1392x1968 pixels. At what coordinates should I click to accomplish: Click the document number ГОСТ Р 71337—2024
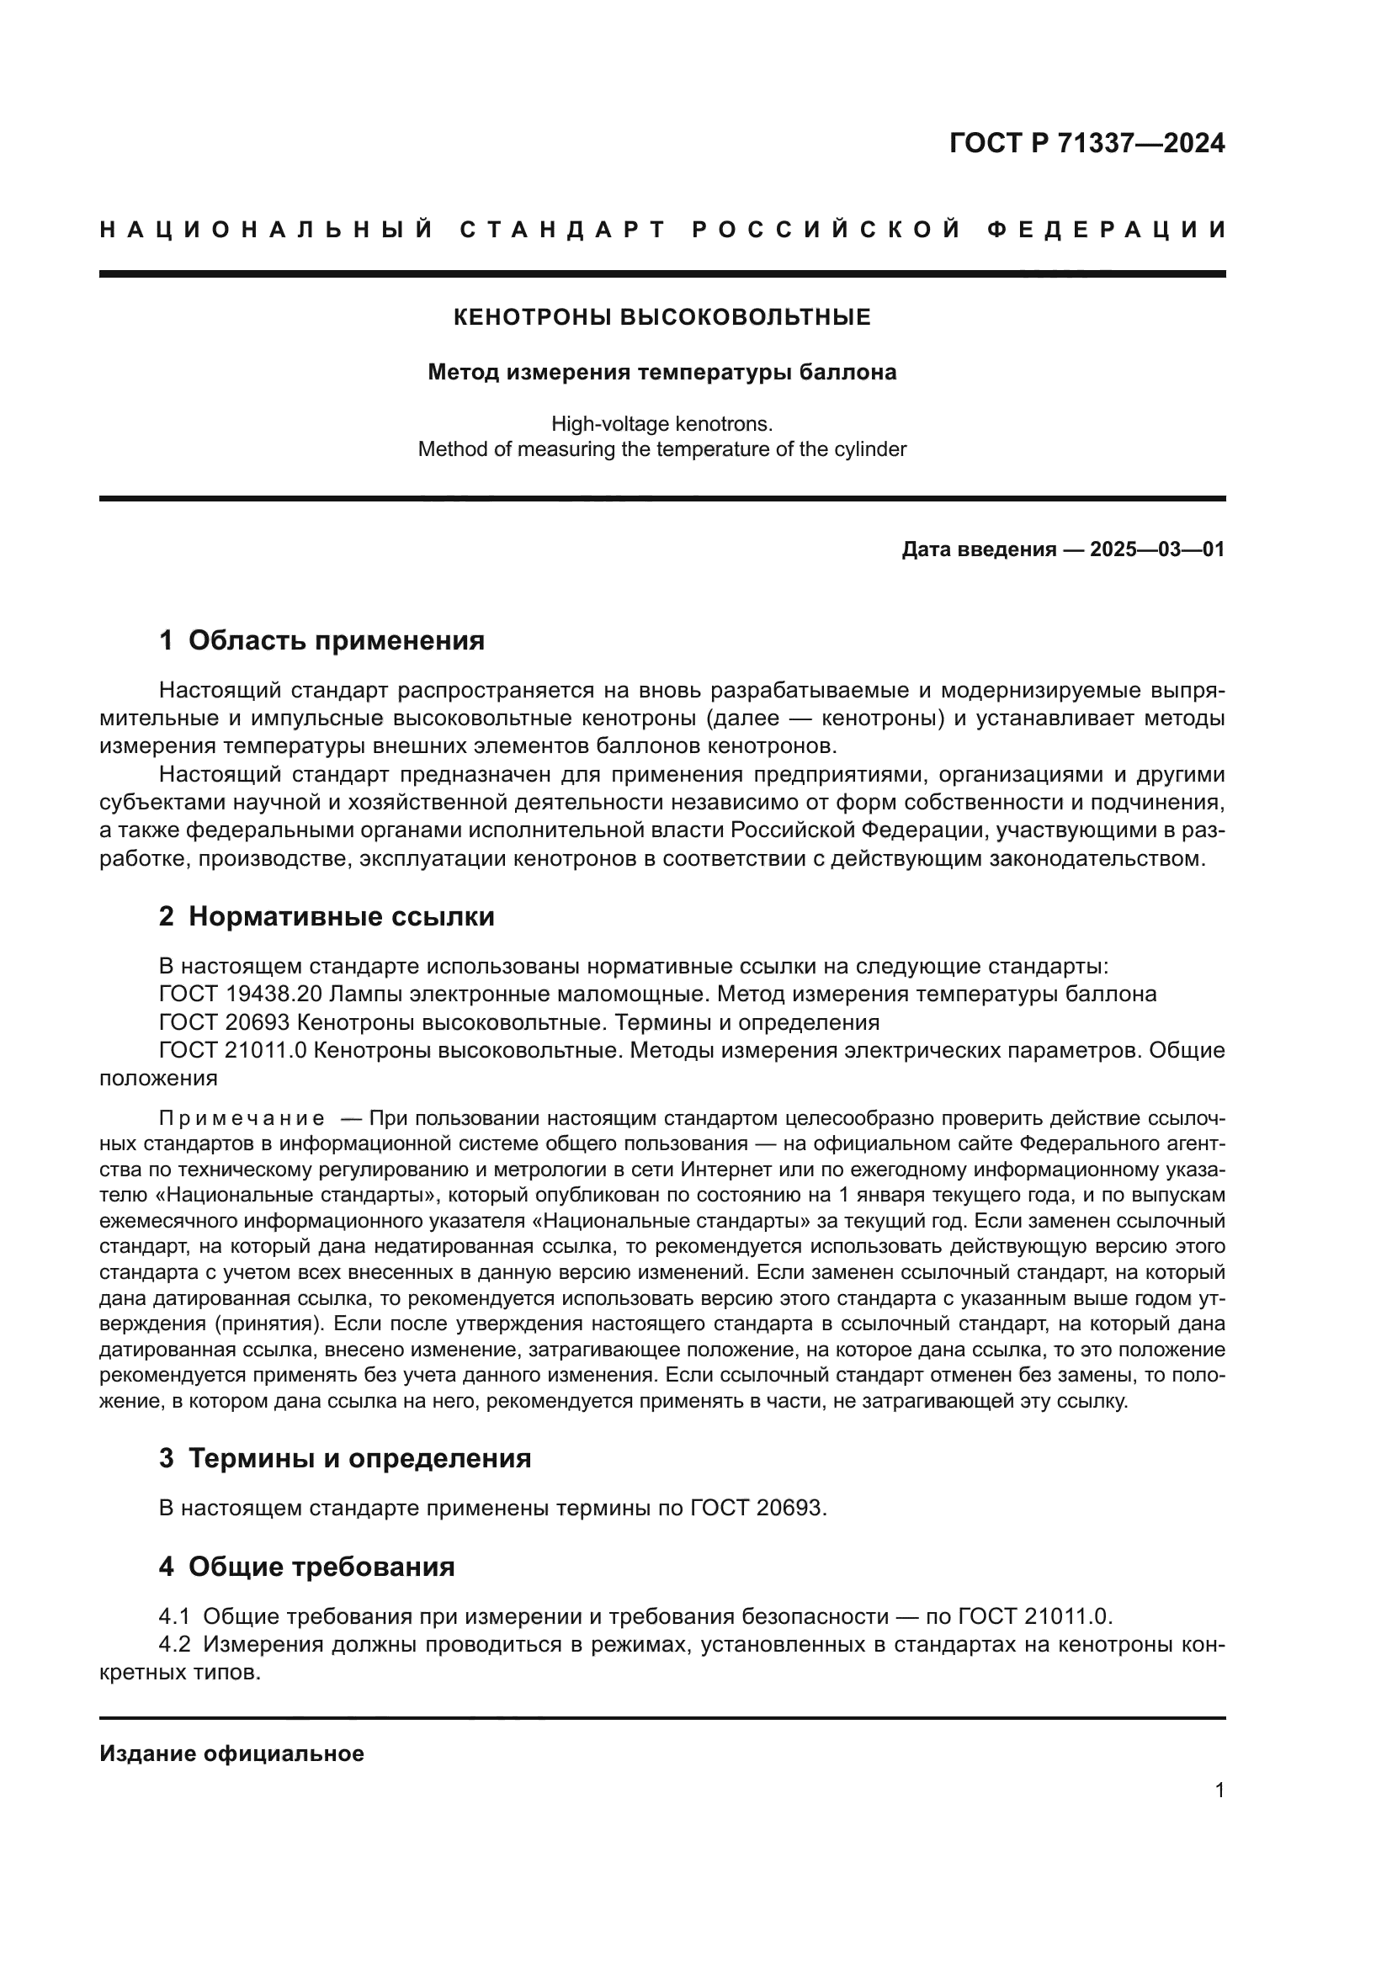point(1086,143)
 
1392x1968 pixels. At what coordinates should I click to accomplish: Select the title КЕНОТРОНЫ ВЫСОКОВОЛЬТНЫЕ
point(661,317)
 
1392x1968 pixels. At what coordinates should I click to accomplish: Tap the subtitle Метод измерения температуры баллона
point(661,373)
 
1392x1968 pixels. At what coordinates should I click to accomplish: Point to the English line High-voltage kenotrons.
point(661,423)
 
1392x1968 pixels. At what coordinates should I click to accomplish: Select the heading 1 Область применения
point(321,640)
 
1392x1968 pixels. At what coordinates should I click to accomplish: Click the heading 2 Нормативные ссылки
point(327,917)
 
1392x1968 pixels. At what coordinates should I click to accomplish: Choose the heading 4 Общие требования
point(307,1567)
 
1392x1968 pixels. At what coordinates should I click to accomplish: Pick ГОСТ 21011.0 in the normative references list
point(232,1050)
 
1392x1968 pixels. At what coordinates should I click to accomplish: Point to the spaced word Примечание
point(242,1118)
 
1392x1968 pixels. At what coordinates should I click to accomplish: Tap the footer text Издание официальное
point(231,1753)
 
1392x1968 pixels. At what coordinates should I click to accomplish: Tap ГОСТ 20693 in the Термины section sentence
point(757,1508)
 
